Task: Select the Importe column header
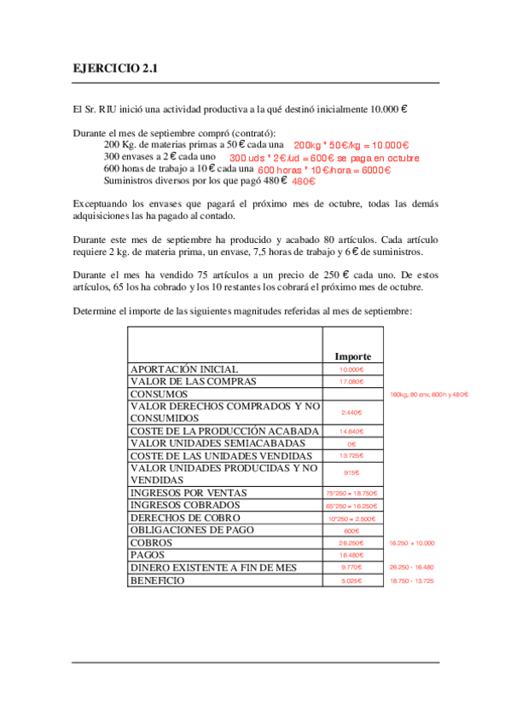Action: coord(352,356)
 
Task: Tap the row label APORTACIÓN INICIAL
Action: coord(183,369)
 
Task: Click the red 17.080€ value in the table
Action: coord(351,382)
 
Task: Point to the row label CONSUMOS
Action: coord(159,395)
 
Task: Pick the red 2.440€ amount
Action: coord(351,413)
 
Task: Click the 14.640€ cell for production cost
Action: coord(351,431)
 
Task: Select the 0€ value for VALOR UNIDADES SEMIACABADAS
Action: coord(351,444)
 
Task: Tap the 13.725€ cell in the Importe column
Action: coord(351,456)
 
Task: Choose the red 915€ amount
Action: coord(351,473)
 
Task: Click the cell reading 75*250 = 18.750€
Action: coord(351,493)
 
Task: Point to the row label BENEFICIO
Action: coord(157,580)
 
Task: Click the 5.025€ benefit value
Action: coord(351,581)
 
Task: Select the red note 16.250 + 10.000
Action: coord(411,542)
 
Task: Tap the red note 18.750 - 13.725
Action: coord(411,581)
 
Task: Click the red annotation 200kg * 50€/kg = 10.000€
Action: coord(351,146)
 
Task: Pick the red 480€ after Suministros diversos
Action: coord(304,182)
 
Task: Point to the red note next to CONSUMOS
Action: coord(429,395)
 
